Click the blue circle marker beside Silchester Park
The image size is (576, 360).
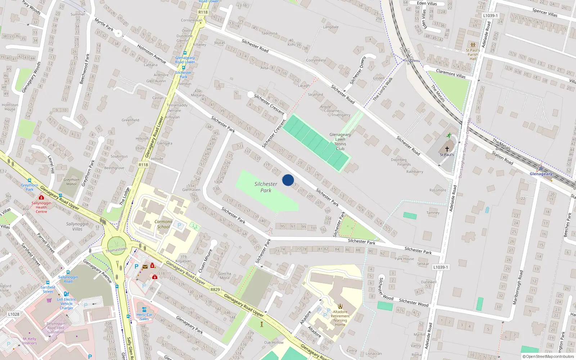point(288,180)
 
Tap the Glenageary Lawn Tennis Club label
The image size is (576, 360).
point(340,141)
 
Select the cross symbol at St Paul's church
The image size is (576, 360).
point(447,149)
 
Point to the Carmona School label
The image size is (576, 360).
point(163,224)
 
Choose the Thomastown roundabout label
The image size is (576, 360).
point(116,249)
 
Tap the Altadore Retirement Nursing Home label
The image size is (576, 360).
point(340,318)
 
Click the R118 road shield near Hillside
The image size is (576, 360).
point(143,165)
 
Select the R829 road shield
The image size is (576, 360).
point(215,289)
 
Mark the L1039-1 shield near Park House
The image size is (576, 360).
point(441,267)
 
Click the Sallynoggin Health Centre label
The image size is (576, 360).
point(41,207)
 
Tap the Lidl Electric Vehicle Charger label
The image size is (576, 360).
point(67,303)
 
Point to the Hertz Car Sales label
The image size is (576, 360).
point(144,317)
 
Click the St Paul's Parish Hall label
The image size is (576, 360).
point(473,54)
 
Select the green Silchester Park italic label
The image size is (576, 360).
point(266,187)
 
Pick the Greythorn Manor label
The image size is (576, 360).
point(71,182)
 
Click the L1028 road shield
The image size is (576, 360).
point(14,314)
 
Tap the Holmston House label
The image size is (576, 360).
point(10,107)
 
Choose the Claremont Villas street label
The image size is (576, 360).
point(451,73)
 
